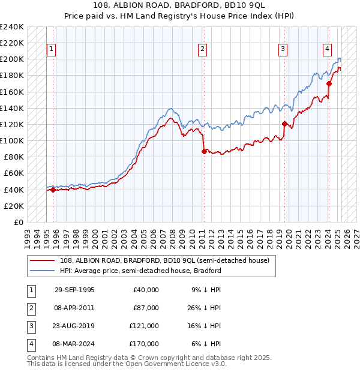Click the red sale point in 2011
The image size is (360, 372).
pyautogui.click(x=204, y=151)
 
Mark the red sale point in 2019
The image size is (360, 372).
pyautogui.click(x=284, y=124)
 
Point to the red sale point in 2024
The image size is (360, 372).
pyautogui.click(x=329, y=84)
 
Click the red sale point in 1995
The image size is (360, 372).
pyautogui.click(x=53, y=190)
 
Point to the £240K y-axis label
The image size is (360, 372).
pyautogui.click(x=12, y=27)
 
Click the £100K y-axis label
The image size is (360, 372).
pyautogui.click(x=12, y=140)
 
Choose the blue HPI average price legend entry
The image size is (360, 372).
pyautogui.click(x=140, y=271)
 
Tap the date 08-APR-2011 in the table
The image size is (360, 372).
pyautogui.click(x=74, y=308)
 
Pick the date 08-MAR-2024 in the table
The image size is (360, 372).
pyautogui.click(x=74, y=344)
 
